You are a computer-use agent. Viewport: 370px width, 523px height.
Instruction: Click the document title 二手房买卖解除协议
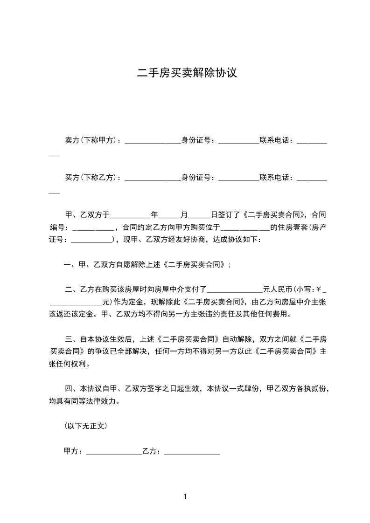point(187,73)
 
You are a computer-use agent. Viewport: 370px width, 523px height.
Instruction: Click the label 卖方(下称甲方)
point(92,140)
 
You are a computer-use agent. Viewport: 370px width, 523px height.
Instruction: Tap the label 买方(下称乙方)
point(92,178)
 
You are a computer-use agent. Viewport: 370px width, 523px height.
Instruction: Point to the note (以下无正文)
point(86,426)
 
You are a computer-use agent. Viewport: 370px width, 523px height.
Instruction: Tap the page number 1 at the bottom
point(185,496)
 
